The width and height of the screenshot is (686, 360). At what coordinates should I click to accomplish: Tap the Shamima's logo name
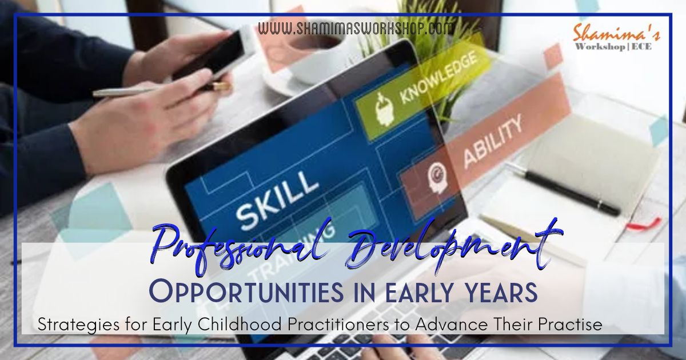tap(616, 33)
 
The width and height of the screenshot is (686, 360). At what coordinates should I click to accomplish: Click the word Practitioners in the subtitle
tap(316, 325)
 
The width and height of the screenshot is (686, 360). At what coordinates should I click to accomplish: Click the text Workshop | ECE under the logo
tap(616, 47)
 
